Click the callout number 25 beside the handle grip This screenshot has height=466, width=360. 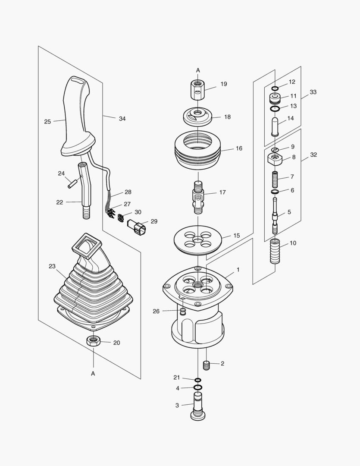pos(47,122)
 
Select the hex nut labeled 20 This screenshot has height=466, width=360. pos(94,341)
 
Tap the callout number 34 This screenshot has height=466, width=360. pos(122,119)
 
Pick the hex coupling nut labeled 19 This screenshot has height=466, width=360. pos(198,89)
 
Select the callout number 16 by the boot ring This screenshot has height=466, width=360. pos(239,148)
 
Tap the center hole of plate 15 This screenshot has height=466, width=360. pos(198,239)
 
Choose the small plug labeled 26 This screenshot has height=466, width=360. pos(183,311)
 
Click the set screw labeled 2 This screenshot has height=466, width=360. pos(206,365)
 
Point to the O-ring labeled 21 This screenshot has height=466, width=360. pos(197,380)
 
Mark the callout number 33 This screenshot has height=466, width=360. pos(313,92)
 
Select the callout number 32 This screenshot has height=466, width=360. pos(313,154)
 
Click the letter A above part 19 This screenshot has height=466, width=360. pos(198,70)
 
